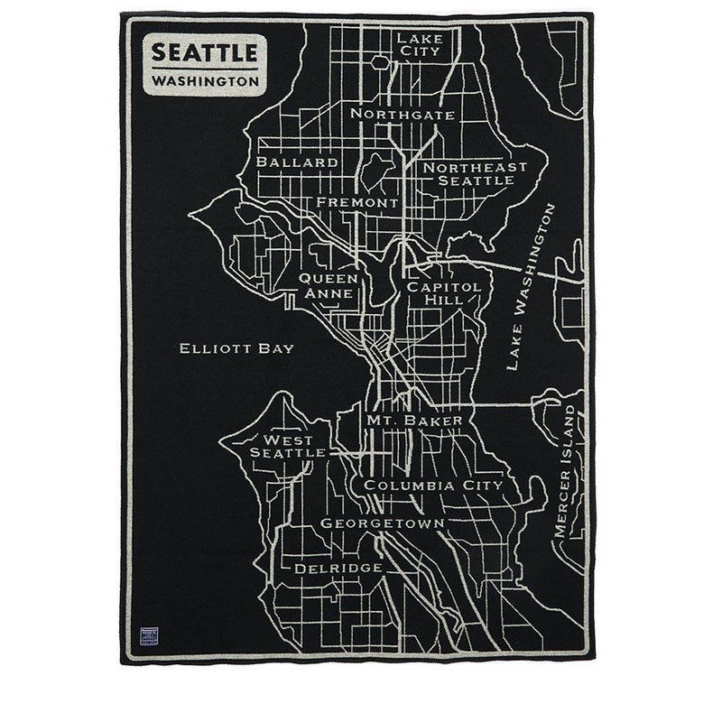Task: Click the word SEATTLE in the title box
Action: point(204,51)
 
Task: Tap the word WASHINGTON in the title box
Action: point(204,80)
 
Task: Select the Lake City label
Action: point(420,44)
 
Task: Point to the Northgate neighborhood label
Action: point(403,115)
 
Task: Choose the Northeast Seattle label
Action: point(475,173)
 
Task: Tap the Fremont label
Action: point(357,203)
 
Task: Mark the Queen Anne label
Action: point(329,286)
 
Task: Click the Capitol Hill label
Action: point(435,293)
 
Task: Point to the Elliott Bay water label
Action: point(236,348)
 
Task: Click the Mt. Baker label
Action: point(414,421)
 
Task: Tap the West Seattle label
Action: point(288,446)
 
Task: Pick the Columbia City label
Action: point(432,486)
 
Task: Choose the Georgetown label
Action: point(382,523)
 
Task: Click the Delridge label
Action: point(338,568)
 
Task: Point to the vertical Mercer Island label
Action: point(565,472)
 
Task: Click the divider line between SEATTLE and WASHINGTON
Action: point(204,68)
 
